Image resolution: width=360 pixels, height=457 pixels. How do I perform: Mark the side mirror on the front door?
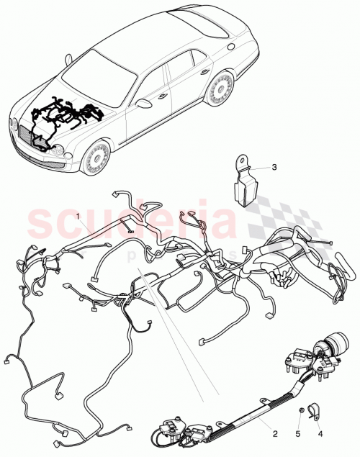[143, 103]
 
